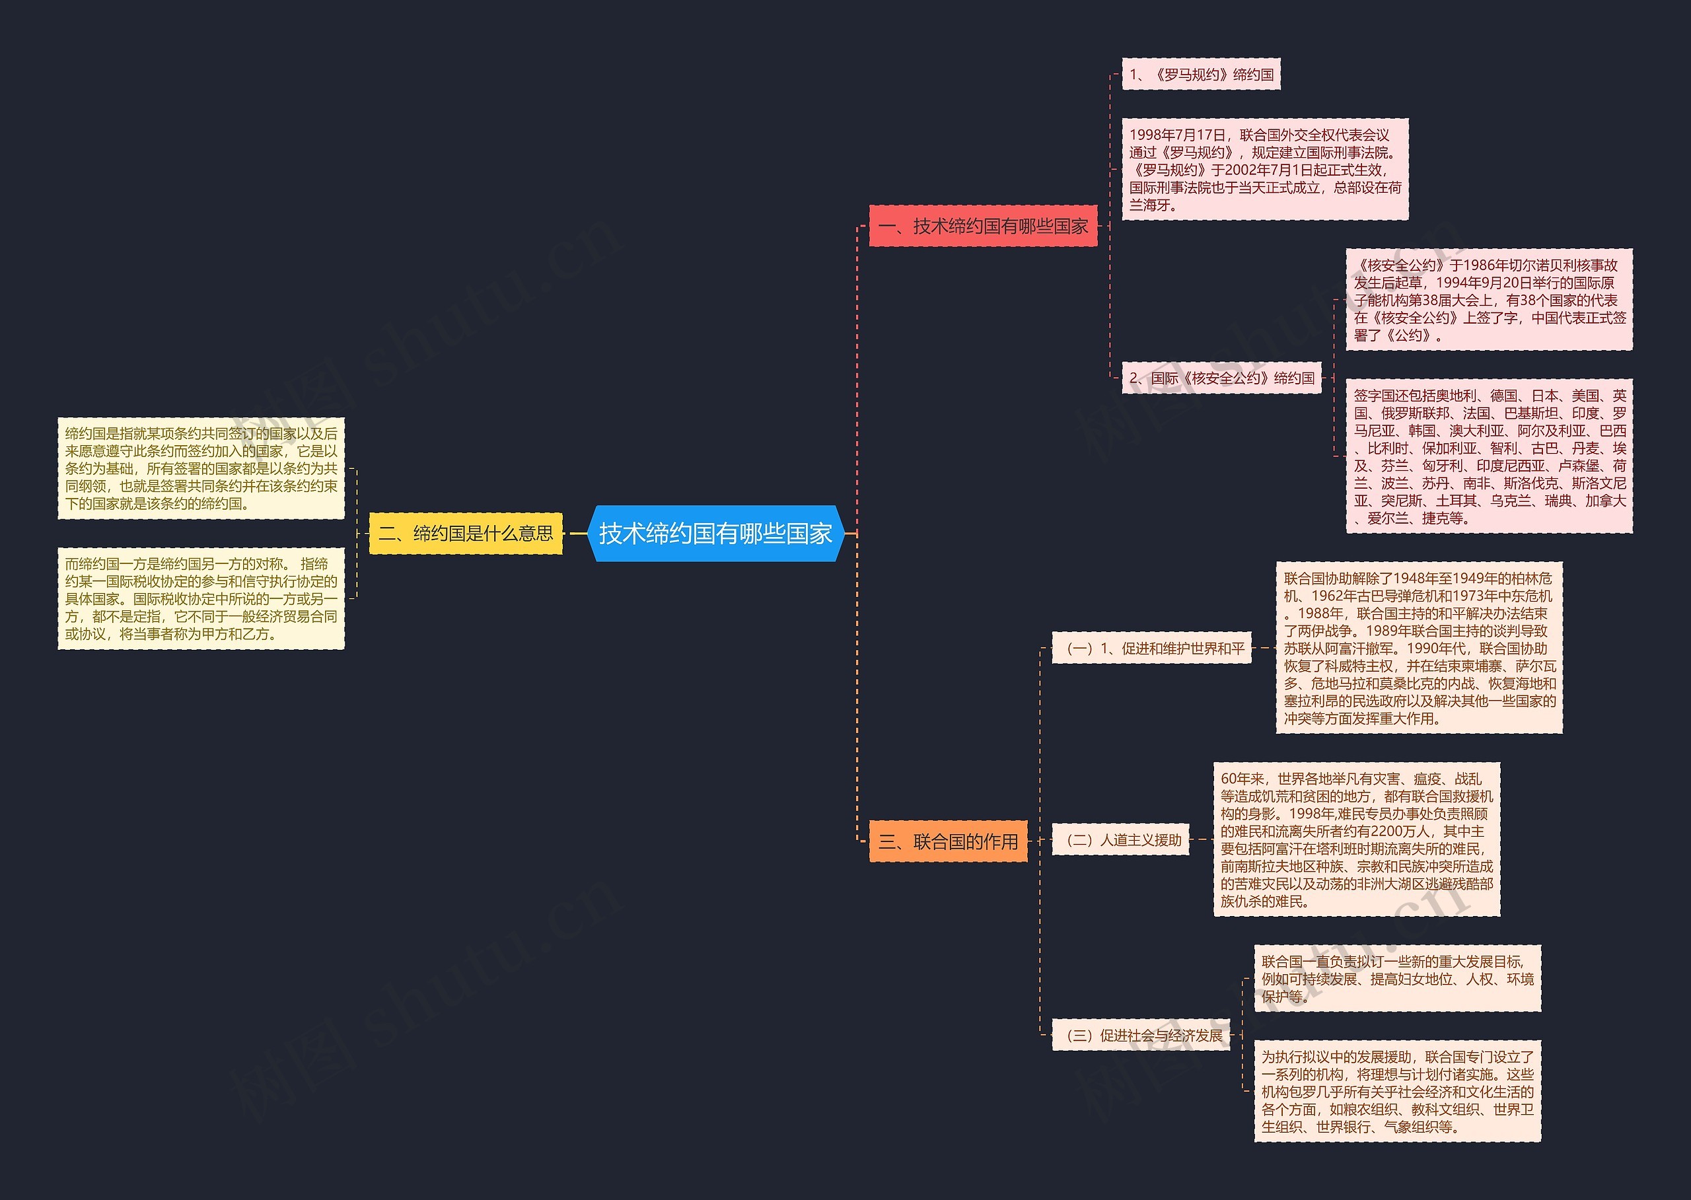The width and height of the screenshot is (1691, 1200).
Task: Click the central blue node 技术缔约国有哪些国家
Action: click(x=715, y=534)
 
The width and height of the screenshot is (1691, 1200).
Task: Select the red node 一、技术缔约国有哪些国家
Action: click(x=983, y=226)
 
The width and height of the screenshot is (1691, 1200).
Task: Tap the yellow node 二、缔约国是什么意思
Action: click(x=466, y=534)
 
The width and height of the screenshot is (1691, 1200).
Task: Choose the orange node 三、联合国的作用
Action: click(x=949, y=841)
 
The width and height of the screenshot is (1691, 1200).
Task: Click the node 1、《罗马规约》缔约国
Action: click(x=1201, y=75)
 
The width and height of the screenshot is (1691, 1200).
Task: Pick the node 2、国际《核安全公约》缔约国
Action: click(x=1222, y=378)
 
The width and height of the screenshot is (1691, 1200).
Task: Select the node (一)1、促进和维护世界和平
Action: click(x=1151, y=649)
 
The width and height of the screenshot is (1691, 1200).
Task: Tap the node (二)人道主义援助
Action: click(x=1120, y=840)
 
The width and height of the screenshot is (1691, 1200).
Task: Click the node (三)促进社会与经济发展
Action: click(x=1141, y=1035)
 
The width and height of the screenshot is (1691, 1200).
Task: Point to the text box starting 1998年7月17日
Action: click(x=1264, y=170)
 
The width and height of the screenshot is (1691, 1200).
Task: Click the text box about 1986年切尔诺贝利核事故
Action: click(x=1488, y=300)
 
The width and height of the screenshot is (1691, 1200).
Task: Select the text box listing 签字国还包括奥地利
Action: click(x=1488, y=456)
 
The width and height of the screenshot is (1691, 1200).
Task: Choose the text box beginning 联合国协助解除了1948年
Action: click(x=1419, y=648)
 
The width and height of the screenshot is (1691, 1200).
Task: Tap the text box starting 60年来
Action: click(x=1356, y=839)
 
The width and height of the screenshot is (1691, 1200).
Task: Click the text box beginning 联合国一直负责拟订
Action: click(x=1397, y=979)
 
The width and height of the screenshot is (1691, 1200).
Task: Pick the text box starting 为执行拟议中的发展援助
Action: click(x=1397, y=1092)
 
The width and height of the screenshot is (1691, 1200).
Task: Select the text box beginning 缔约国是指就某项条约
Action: click(x=201, y=468)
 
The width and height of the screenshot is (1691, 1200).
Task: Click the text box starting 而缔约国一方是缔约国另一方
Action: click(x=201, y=598)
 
